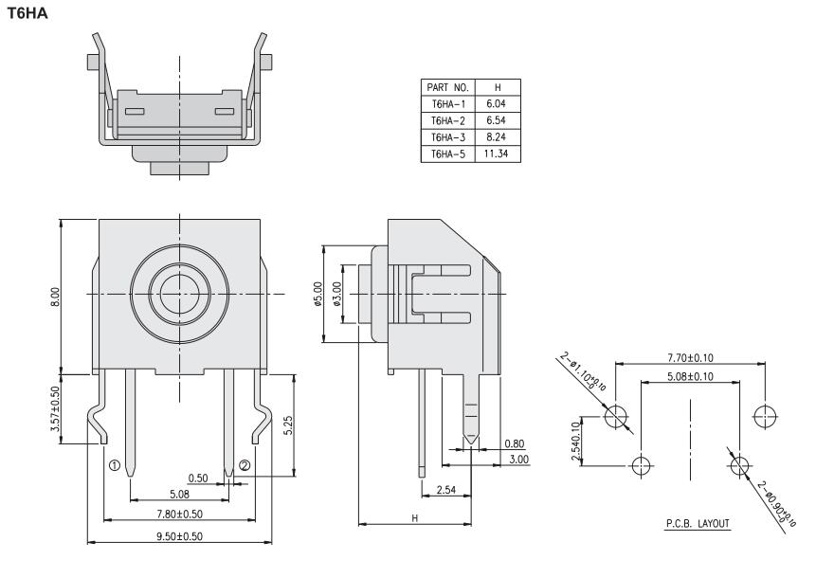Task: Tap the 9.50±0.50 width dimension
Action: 179,536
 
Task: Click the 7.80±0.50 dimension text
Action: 179,513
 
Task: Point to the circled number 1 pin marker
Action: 114,466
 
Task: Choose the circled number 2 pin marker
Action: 245,465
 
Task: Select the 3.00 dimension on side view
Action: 517,459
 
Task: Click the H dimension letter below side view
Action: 415,517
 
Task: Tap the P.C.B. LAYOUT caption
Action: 692,523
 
